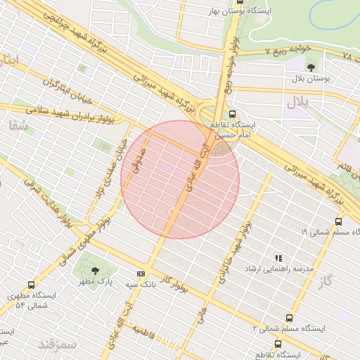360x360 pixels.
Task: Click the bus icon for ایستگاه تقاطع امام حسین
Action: pos(233,113)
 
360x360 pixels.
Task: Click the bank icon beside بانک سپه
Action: pos(141,274)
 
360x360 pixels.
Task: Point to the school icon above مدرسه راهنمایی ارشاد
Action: pos(278,258)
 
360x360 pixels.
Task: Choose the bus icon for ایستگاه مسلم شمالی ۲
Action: pos(289,318)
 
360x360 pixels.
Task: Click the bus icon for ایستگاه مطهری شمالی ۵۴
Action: pos(31,285)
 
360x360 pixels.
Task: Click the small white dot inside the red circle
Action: pos(171,210)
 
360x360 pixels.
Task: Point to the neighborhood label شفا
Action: pos(18,126)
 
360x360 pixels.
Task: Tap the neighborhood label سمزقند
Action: pos(56,345)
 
